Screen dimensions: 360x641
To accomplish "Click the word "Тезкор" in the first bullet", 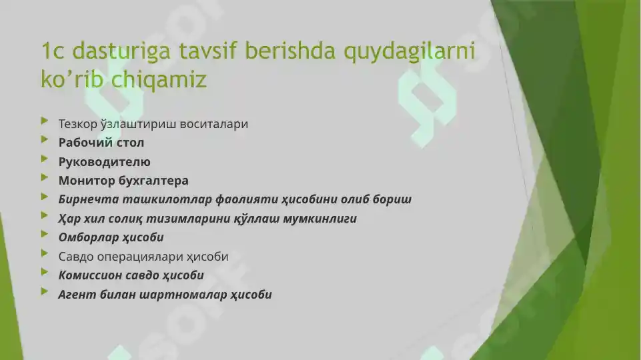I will [77, 124].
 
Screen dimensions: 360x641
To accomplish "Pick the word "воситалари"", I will [215, 124].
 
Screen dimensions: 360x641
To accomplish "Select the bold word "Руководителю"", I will [105, 162].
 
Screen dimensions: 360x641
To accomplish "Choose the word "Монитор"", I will [85, 181].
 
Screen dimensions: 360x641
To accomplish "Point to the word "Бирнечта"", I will [85, 199].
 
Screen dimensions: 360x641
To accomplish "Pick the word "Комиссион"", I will [89, 275].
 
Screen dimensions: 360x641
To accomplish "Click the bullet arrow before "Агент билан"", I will [45, 292].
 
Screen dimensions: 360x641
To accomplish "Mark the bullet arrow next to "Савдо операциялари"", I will [45, 254].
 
